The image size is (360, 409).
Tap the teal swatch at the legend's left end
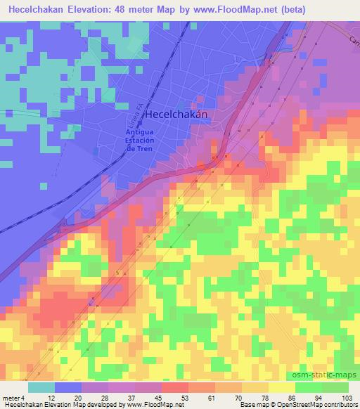(41, 387)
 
